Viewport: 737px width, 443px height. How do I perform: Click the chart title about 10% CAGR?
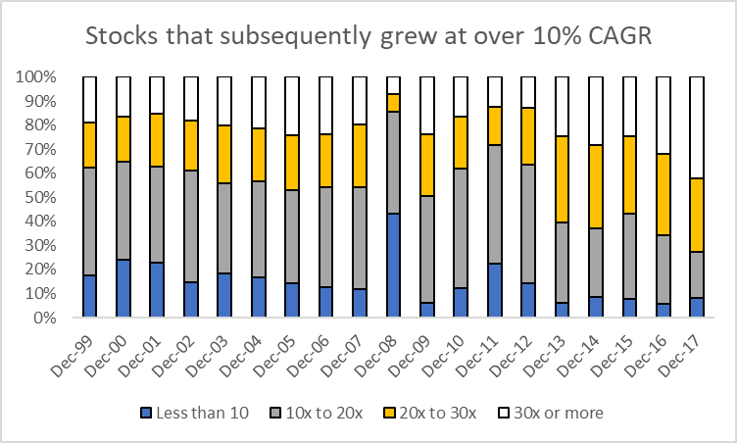pos(368,38)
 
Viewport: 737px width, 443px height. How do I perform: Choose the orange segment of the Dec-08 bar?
pos(393,103)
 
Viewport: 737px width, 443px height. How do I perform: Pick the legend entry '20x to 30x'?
pos(437,413)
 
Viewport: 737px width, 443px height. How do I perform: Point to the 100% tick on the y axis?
pos(39,76)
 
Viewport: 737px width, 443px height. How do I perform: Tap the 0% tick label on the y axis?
pos(47,318)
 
